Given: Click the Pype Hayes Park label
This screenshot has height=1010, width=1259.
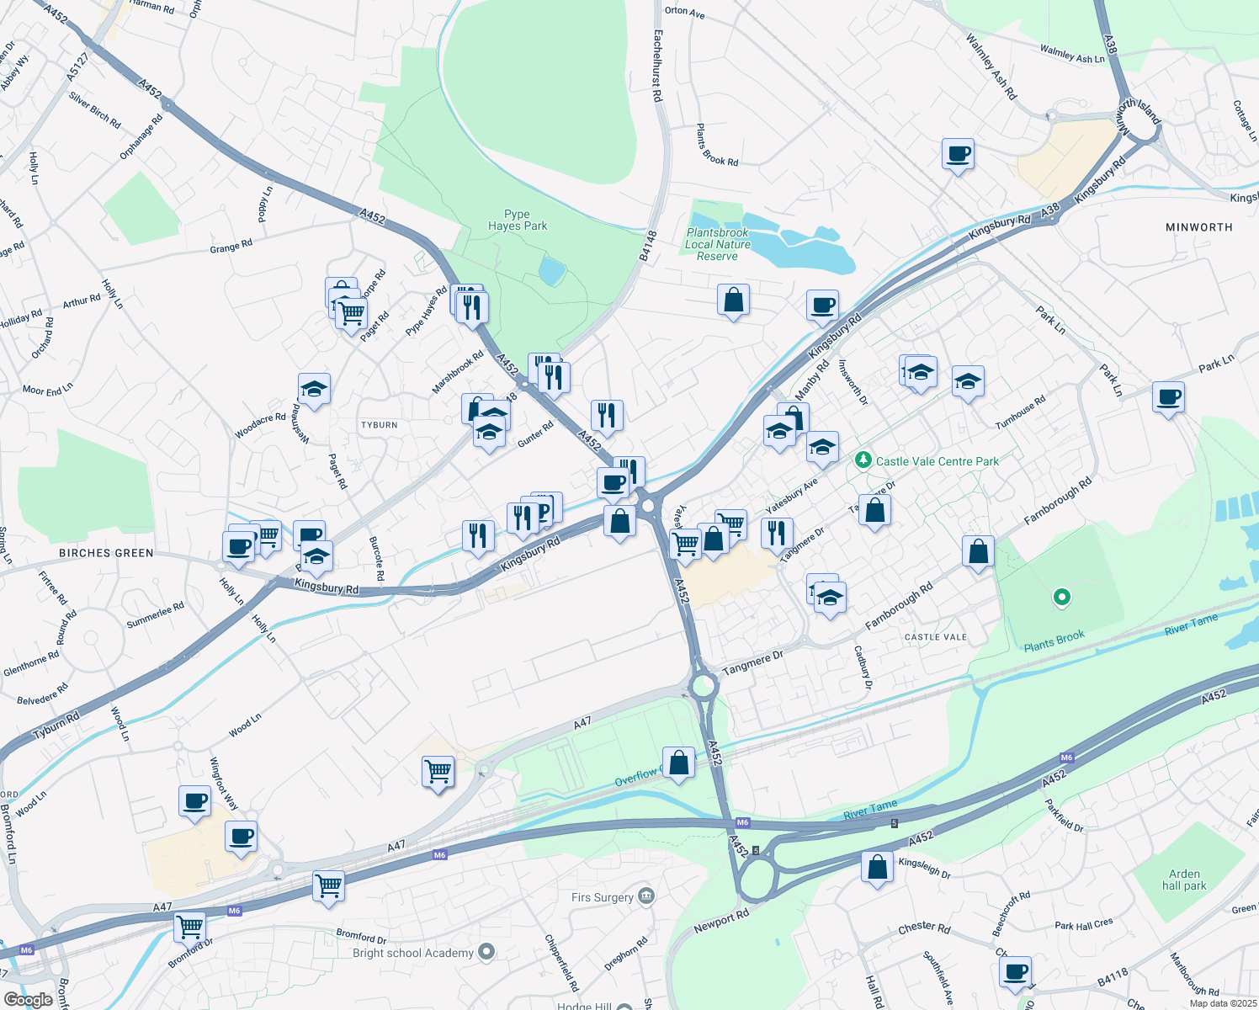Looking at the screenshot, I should (518, 221).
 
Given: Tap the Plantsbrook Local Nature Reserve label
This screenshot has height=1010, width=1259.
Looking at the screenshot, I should (718, 244).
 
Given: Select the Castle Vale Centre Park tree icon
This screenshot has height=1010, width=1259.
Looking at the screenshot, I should (863, 460).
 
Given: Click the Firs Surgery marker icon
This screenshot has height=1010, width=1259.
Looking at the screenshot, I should (646, 896).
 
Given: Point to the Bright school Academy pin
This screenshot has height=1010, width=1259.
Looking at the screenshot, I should (486, 952).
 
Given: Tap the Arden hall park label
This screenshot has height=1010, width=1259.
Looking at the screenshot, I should (1184, 880).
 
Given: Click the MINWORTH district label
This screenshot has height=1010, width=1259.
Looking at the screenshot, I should (1199, 227).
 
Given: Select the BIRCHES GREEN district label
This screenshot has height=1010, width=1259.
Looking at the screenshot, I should (106, 553).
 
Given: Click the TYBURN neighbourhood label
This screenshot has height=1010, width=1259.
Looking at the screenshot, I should (380, 425).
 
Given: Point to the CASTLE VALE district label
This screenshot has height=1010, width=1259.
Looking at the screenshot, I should (936, 637).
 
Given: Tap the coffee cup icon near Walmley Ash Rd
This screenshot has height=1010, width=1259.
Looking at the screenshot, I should (958, 155).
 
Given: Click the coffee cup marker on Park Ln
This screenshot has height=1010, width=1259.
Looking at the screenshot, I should (1168, 396).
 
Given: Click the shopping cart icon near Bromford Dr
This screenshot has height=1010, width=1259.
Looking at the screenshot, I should (190, 928).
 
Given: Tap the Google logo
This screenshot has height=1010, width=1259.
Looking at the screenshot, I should (28, 1000).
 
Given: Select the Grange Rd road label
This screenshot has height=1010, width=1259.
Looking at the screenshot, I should (231, 247).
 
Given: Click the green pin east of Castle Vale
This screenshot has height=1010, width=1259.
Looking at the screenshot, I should (1062, 597).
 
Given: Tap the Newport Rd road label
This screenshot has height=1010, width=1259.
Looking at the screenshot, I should (721, 922).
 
